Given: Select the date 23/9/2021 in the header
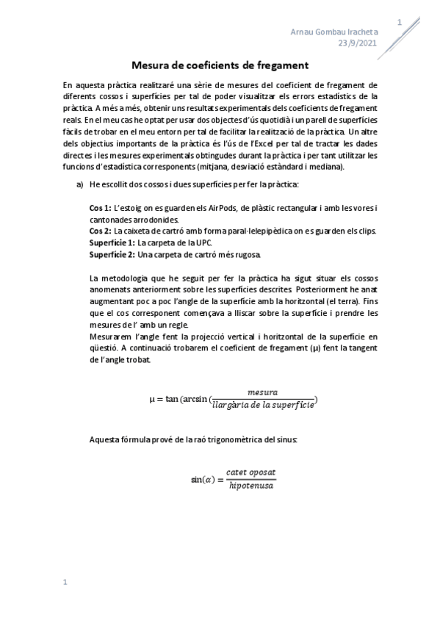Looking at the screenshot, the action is point(358,43).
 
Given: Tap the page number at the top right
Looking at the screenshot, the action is point(399,23).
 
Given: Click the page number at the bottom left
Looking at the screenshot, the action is point(65,583).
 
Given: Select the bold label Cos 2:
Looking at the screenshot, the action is point(101,231).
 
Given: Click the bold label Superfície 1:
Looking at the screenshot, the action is point(112,242).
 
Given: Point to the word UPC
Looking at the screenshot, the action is point(203,242).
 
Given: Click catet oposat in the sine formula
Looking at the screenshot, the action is point(251,472).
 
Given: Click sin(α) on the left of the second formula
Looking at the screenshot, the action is point(202,478).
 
